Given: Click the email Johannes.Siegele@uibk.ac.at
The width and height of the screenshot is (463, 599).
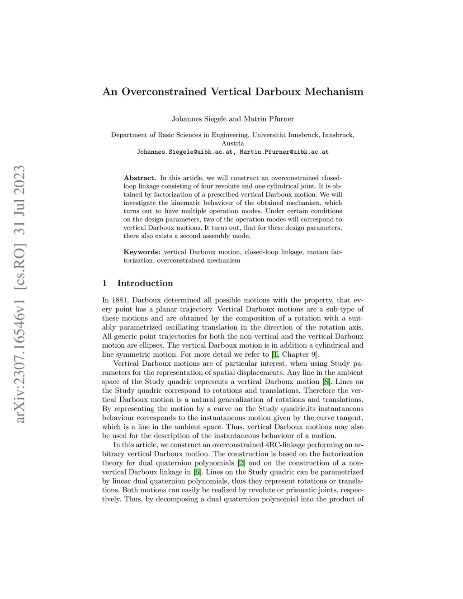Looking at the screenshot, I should pos(185,152).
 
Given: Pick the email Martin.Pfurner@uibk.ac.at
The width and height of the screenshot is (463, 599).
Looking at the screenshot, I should pos(284,152).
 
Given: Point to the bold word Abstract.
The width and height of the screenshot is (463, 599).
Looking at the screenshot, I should pos(140,178).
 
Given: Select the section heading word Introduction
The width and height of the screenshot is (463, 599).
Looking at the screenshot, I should pos(145,283).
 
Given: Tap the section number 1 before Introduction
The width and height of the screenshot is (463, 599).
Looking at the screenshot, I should pos(105,283).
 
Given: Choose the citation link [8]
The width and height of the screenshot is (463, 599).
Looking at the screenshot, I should pos(326,382).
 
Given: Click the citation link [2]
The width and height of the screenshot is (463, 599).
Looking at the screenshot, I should pos(241,463).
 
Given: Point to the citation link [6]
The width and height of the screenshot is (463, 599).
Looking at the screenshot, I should pos(197,472).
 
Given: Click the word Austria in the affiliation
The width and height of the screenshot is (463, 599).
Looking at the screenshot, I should pos(232,143).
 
